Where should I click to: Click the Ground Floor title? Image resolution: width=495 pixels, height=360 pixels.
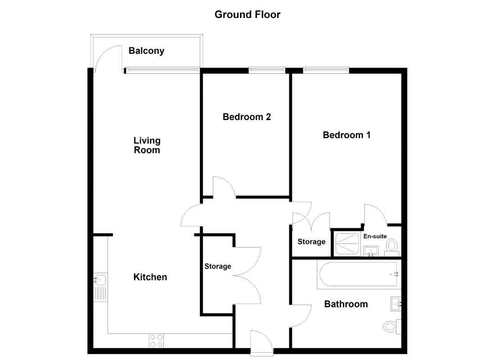click(247, 14)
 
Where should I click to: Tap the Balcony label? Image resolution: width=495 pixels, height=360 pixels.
click(147, 51)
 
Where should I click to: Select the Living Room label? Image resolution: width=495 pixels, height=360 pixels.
click(147, 145)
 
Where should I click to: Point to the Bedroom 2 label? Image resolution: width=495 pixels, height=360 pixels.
click(247, 117)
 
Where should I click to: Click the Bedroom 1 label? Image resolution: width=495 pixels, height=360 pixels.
click(346, 135)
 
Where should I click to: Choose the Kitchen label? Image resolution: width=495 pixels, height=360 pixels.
click(150, 277)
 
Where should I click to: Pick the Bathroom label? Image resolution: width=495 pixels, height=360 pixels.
click(346, 304)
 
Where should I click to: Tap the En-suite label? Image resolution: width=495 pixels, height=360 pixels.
click(375, 236)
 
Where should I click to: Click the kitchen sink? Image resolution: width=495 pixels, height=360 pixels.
click(101, 287)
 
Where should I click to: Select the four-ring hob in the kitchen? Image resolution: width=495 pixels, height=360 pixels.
click(156, 341)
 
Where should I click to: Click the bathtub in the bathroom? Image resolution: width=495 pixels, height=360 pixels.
click(359, 274)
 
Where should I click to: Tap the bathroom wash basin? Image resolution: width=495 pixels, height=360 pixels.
click(396, 304)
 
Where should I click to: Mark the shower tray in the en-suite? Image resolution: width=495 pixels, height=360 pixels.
click(347, 243)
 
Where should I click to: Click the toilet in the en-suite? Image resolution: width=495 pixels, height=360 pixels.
click(392, 247)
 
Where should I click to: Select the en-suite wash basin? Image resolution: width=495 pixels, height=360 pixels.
click(371, 252)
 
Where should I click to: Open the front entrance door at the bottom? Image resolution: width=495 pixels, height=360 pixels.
click(262, 343)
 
